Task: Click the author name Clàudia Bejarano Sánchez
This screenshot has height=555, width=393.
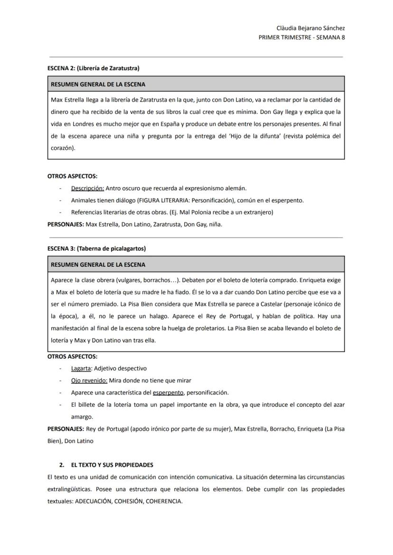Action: [310, 28]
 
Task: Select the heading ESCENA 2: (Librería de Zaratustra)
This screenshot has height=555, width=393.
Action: [94, 68]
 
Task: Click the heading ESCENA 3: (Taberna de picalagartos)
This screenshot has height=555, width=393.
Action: [96, 248]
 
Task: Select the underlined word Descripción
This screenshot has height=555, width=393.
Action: [87, 188]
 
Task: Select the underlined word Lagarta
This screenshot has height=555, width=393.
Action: [81, 368]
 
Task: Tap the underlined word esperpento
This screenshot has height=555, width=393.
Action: [168, 393]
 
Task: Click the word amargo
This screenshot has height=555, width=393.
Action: [82, 417]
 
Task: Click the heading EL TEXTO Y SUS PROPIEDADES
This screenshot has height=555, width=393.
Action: [112, 465]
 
